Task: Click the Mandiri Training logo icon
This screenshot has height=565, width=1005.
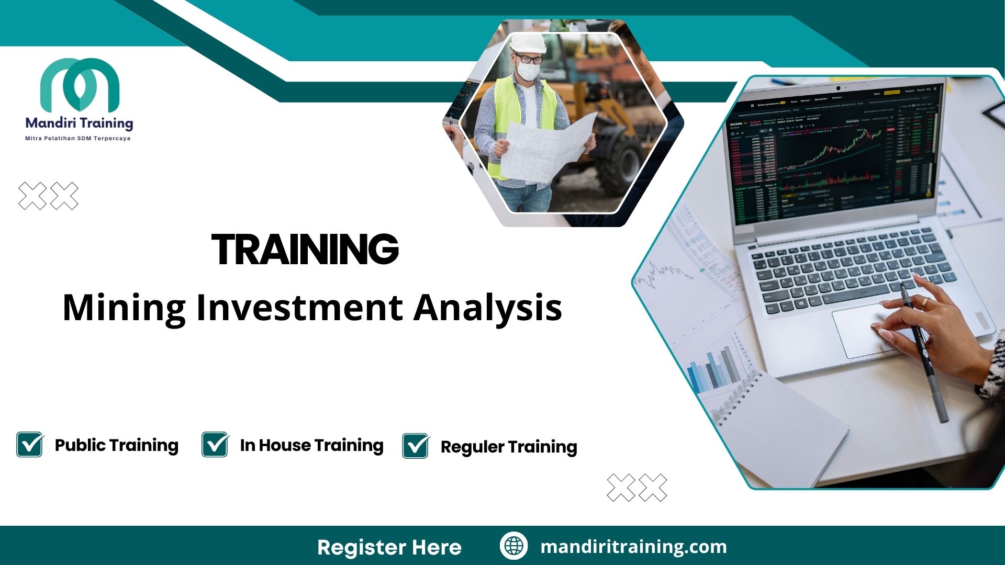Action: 80,85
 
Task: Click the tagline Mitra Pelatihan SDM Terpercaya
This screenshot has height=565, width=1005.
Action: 78,139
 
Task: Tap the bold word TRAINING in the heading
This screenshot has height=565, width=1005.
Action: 305,250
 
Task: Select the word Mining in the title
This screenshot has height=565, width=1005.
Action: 124,308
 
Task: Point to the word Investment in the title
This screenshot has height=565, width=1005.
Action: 299,308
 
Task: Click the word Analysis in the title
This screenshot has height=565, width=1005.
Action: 488,308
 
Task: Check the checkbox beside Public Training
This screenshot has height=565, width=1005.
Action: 30,445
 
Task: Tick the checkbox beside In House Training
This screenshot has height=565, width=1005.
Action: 215,445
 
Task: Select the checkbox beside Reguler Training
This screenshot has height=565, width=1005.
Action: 416,446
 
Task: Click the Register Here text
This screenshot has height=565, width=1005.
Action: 389,547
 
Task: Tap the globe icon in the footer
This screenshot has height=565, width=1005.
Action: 513,546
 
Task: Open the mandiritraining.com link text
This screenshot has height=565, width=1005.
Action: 633,547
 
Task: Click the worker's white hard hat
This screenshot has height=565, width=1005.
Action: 528,42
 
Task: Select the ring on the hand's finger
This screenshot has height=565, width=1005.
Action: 925,302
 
